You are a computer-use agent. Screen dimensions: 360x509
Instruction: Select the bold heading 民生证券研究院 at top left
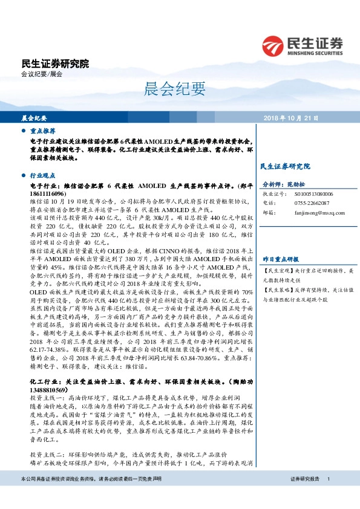(x=54, y=63)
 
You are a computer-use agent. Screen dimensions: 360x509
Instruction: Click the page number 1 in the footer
(x=328, y=496)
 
